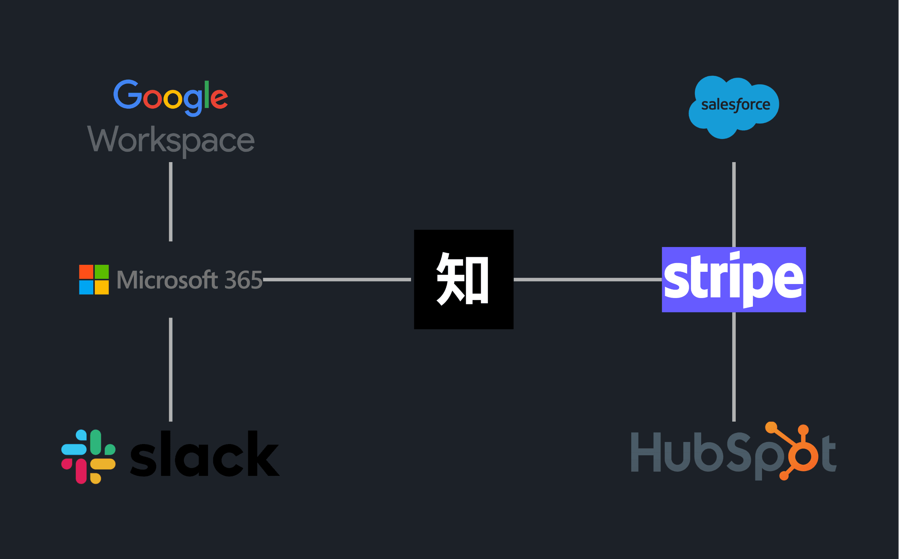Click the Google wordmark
(x=171, y=97)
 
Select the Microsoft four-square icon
(x=94, y=279)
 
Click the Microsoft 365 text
(x=189, y=280)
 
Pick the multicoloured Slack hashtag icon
(x=88, y=457)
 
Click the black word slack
(x=204, y=453)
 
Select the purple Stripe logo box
(x=734, y=279)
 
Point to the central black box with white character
(x=464, y=279)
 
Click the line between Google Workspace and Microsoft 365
(x=171, y=202)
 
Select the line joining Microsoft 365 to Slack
(x=171, y=369)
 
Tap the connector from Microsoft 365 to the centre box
(x=337, y=279)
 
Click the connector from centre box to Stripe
(x=587, y=279)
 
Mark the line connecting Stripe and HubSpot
(x=734, y=366)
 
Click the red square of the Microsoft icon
(x=86, y=272)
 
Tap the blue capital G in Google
(x=128, y=95)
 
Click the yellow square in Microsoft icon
(x=102, y=287)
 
